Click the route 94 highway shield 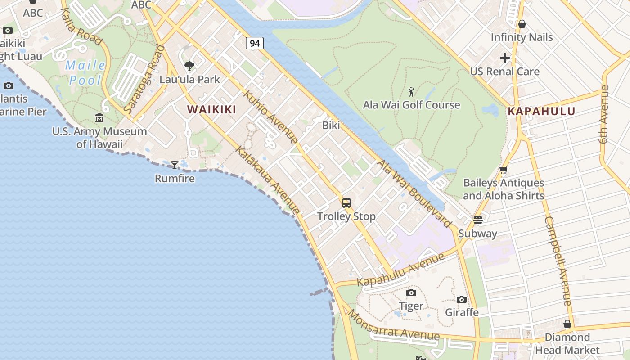coord(255,43)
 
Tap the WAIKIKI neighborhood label coord(211,109)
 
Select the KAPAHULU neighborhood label coord(542,112)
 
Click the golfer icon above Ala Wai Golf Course coord(411,92)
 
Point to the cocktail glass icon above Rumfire coord(175,165)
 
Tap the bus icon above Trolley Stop coord(346,203)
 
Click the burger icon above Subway coord(477,220)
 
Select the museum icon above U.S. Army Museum coord(99,118)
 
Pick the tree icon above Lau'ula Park coord(189,66)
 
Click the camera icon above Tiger coord(411,293)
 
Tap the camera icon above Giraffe coord(461,299)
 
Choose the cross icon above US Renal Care coord(505,58)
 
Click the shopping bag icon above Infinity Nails coord(522,24)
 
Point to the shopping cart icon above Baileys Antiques coord(504,170)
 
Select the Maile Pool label coord(85,73)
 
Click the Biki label coord(331,126)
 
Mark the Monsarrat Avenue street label coord(393,325)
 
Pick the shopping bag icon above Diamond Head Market coord(567,324)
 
